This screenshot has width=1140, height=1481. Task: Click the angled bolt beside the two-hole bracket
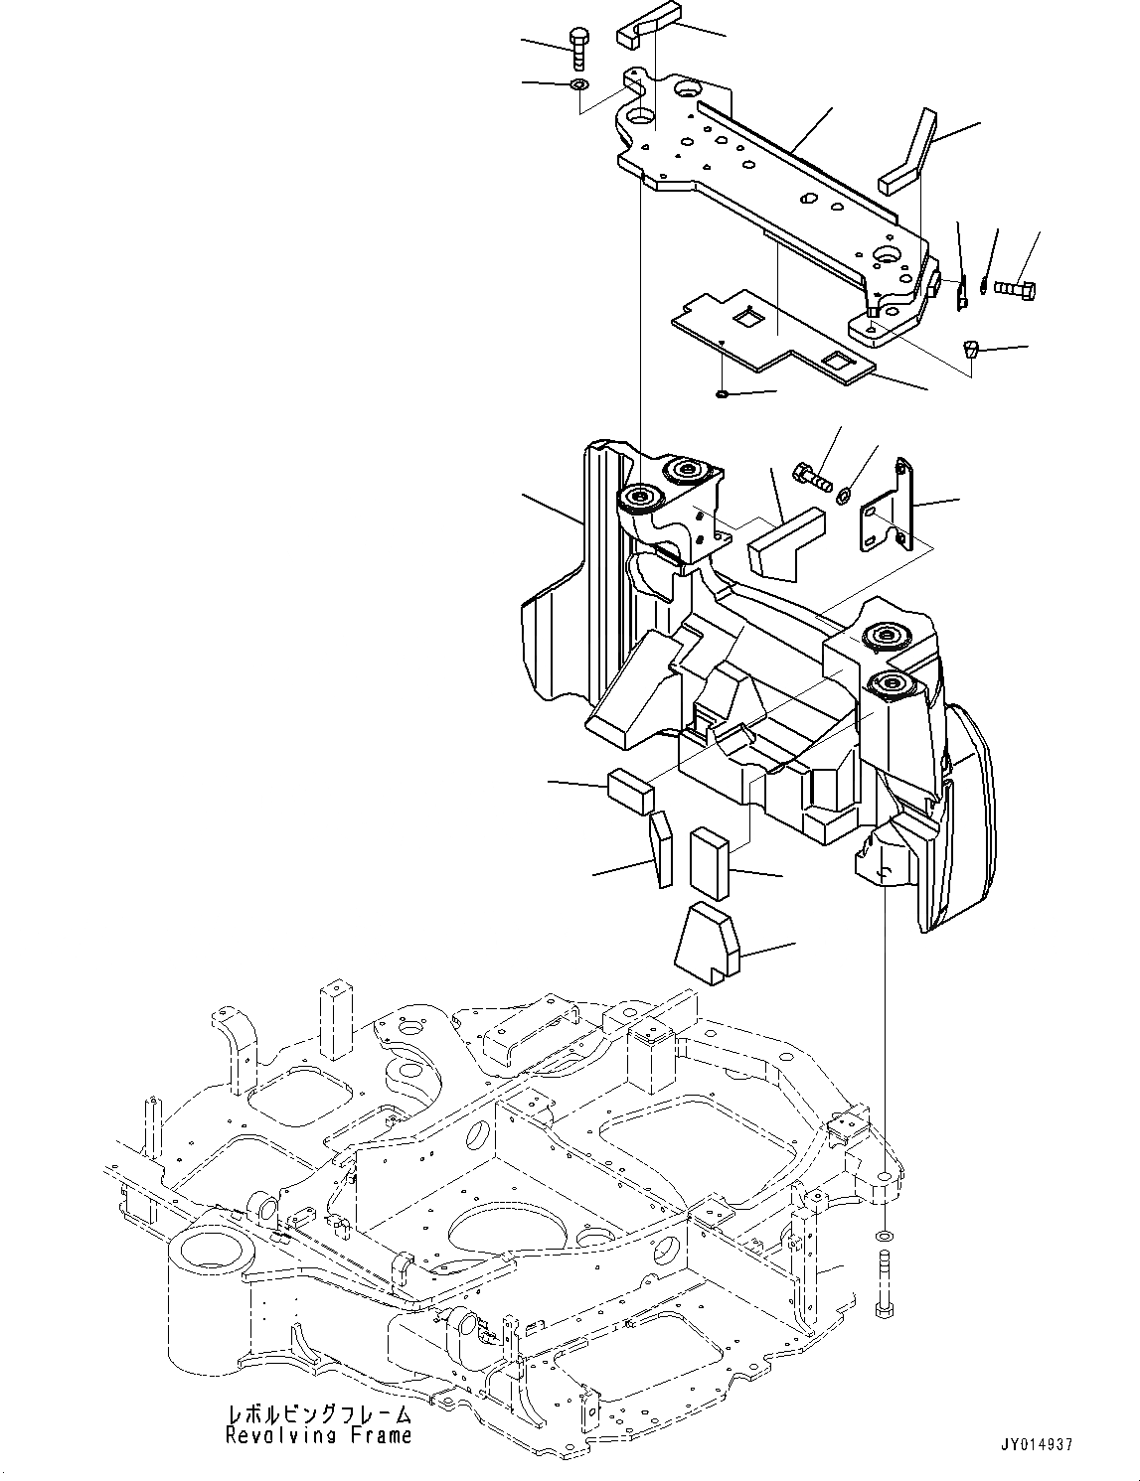[x=811, y=475]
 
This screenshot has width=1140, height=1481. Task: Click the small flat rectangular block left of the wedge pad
[x=630, y=790]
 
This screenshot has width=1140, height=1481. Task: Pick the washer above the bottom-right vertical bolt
[x=883, y=1238]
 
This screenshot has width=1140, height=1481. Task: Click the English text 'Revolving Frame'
[x=318, y=1435]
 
